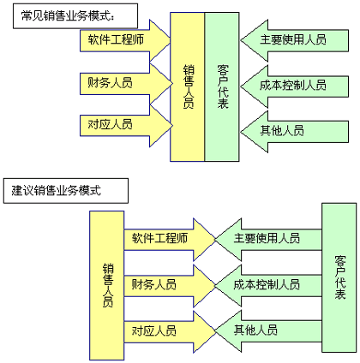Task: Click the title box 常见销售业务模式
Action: (x=75, y=16)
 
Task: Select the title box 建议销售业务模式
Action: (x=66, y=191)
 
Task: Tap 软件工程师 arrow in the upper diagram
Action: (x=125, y=40)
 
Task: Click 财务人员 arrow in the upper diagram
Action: (x=126, y=84)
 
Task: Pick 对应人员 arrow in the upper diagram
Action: (x=126, y=126)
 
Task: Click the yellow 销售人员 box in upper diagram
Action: (x=188, y=86)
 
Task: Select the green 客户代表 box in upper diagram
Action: (x=222, y=86)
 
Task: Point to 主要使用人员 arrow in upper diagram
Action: (x=294, y=40)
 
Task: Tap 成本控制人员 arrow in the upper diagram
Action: (x=294, y=86)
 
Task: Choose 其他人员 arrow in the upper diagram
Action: (x=294, y=132)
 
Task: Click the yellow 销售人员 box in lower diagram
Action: (x=107, y=285)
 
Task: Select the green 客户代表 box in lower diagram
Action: (x=339, y=277)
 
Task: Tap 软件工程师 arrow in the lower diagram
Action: (x=170, y=240)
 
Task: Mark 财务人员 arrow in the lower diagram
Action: (x=170, y=286)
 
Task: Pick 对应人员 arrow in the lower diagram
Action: (x=170, y=332)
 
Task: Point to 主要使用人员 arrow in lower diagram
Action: (x=268, y=240)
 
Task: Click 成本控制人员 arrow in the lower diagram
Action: (x=268, y=286)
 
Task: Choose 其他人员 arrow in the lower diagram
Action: (x=268, y=331)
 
